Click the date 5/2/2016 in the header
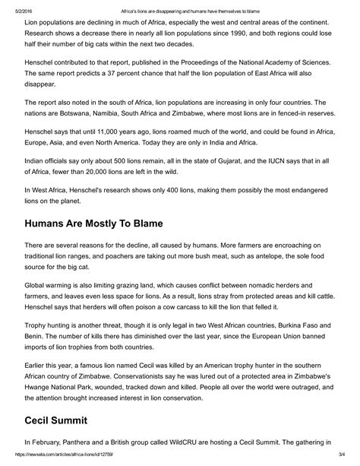(13, 5)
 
